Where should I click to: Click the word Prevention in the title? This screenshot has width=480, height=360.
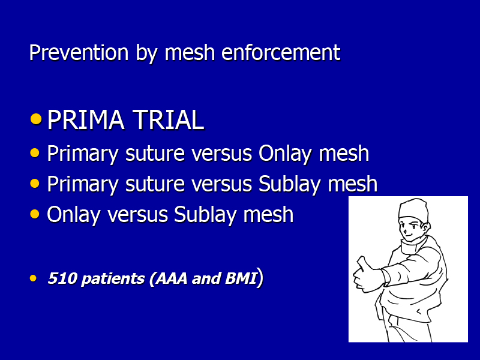point(79,52)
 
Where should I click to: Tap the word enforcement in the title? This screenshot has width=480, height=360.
point(280,52)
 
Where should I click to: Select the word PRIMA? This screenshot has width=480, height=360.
point(86,119)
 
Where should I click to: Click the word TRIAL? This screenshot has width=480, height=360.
point(169,119)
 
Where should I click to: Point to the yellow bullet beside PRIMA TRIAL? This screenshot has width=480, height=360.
point(36,119)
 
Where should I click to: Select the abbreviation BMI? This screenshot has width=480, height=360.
point(241,278)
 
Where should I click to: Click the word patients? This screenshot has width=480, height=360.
point(113,279)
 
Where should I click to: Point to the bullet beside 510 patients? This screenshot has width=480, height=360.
point(33,278)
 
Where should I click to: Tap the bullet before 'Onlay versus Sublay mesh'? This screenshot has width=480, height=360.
point(35,214)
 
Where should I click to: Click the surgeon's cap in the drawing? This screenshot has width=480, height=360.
point(413,208)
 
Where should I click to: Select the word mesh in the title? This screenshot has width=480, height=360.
point(190,52)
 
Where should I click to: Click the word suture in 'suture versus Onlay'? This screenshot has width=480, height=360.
point(155,154)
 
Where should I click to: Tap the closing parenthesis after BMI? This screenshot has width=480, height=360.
point(260,278)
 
